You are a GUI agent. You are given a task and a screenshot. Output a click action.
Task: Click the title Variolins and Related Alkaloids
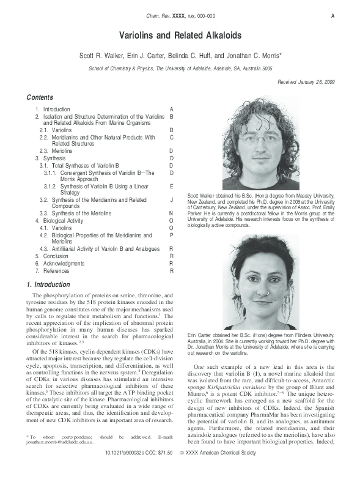pyautogui.click(x=180, y=36)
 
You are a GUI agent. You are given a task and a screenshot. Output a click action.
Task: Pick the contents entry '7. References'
pyautogui.click(x=53, y=270)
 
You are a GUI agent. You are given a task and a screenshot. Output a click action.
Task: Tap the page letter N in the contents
pyautogui.click(x=172, y=213)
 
